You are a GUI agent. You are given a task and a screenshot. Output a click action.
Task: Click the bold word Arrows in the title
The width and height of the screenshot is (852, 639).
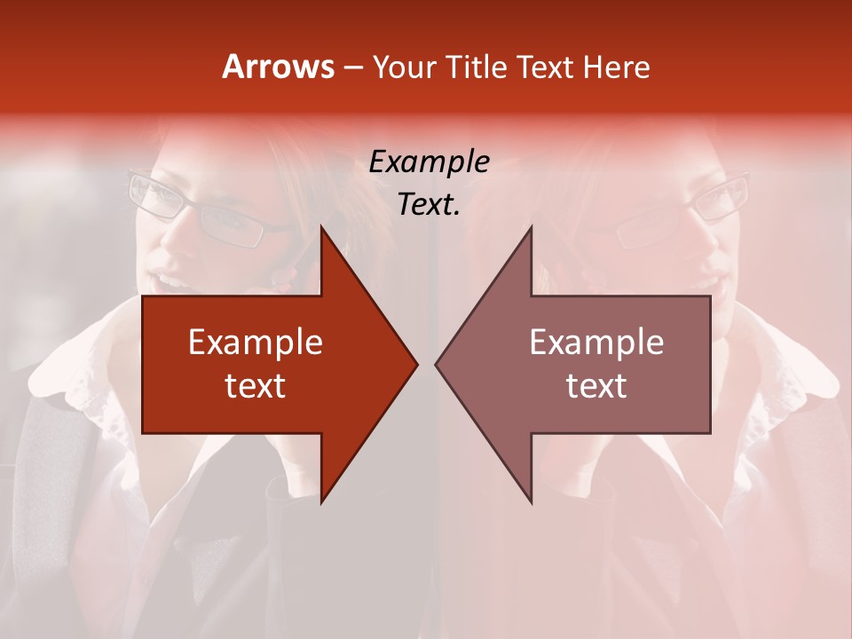tap(278, 67)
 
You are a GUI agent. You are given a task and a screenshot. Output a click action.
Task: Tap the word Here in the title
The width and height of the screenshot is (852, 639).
tap(617, 67)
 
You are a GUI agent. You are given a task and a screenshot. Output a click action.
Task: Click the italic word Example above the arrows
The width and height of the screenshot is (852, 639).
tap(429, 162)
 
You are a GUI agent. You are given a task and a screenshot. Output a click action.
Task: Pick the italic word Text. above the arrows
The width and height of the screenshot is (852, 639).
tap(429, 205)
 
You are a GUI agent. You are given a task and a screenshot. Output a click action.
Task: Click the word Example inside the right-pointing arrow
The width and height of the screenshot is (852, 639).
tap(255, 343)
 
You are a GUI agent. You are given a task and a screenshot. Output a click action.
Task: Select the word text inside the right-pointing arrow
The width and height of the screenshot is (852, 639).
tap(255, 385)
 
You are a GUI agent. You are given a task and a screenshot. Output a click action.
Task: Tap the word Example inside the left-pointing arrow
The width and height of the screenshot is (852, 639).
tap(596, 343)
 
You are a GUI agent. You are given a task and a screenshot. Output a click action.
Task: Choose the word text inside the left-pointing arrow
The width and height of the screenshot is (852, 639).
tap(596, 385)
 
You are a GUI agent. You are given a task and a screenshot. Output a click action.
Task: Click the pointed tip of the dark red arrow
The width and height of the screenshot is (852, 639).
tap(416, 364)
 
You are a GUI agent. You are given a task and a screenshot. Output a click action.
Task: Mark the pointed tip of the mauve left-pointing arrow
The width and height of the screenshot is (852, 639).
tap(436, 364)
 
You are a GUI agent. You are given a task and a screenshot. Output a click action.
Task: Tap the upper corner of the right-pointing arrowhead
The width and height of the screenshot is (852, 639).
tap(321, 227)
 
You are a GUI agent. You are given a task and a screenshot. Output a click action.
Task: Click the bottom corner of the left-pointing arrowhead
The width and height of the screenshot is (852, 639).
tap(531, 502)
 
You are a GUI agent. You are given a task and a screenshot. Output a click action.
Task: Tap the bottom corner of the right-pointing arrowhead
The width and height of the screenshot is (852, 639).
tap(321, 502)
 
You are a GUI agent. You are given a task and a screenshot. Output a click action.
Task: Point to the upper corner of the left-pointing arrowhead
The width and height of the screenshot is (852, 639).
tap(531, 227)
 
